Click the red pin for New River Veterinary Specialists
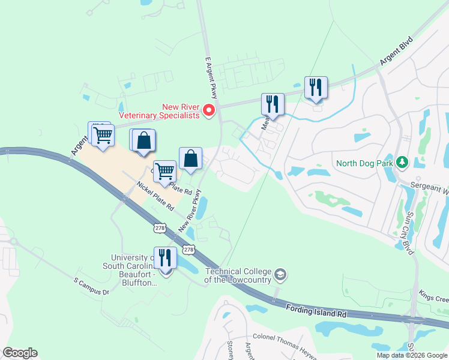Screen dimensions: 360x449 click(x=209, y=110)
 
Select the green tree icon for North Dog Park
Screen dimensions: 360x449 click(x=402, y=162)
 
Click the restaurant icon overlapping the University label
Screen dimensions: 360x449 click(x=166, y=258)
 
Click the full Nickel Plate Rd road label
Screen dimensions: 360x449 click(x=154, y=196)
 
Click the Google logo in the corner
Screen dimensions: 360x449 click(x=19, y=353)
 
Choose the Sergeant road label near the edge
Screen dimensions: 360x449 click(x=429, y=187)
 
